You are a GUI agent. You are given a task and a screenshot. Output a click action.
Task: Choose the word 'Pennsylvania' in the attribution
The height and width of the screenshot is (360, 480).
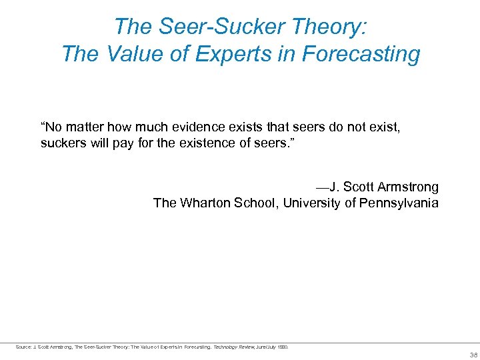coord(399,203)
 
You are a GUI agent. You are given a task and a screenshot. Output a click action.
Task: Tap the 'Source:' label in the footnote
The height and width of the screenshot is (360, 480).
coord(23,347)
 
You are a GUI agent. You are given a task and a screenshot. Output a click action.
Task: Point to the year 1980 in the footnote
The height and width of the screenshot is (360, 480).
coord(283,347)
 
